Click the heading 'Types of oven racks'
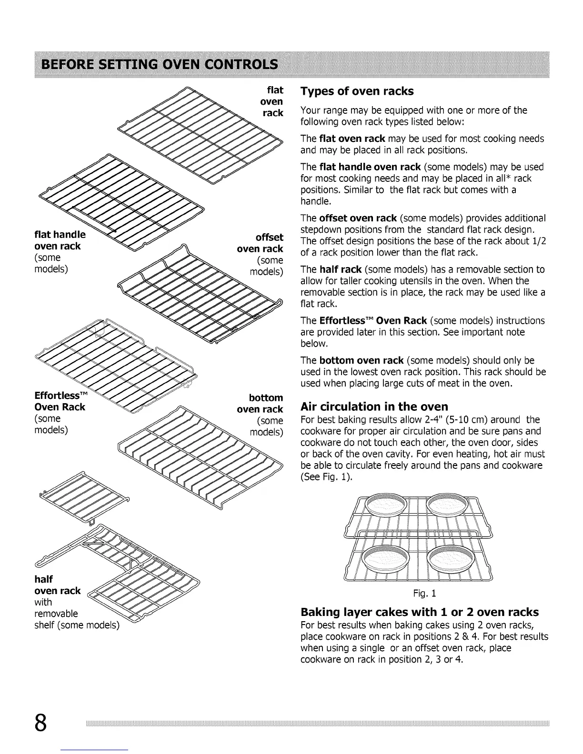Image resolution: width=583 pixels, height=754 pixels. pyautogui.click(x=357, y=91)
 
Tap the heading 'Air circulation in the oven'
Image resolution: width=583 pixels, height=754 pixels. pyautogui.click(x=374, y=407)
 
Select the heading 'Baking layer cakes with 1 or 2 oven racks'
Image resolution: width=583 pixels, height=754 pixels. pyautogui.click(x=419, y=612)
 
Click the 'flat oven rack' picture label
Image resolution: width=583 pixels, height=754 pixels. pyautogui.click(x=272, y=101)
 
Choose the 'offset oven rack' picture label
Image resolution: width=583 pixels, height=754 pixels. pyautogui.click(x=261, y=243)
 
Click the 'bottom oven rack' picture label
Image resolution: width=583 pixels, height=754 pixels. pyautogui.click(x=261, y=403)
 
